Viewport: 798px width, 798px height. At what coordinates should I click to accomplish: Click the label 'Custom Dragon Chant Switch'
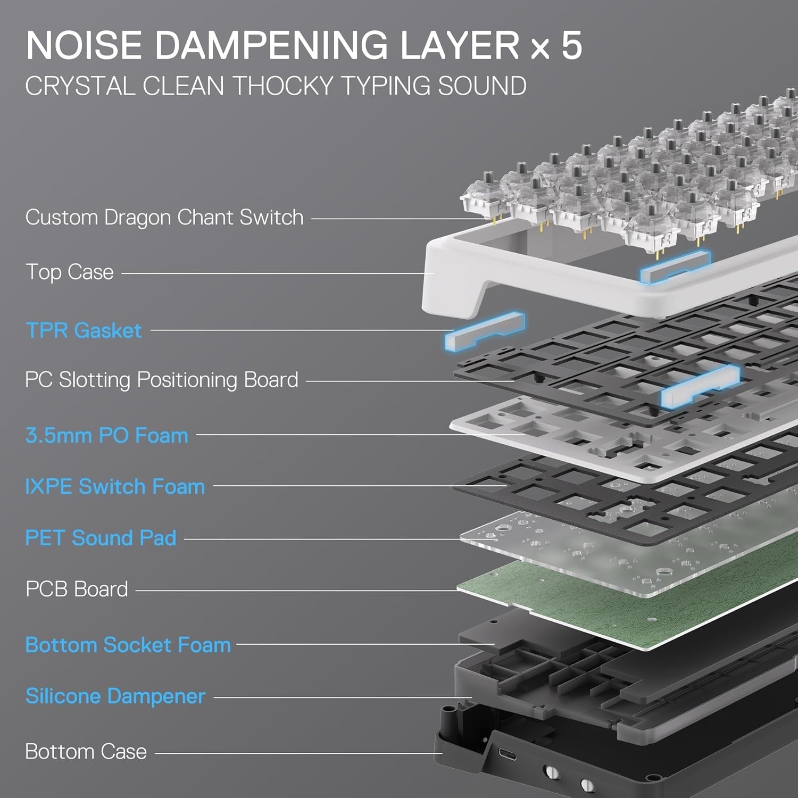point(164,218)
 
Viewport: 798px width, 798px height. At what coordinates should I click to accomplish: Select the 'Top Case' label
point(70,272)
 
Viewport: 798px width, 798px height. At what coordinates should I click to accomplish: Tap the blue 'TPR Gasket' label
point(84,330)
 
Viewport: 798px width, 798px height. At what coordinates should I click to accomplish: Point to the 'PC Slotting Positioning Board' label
point(162,380)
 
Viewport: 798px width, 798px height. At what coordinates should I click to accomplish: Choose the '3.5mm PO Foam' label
point(107,435)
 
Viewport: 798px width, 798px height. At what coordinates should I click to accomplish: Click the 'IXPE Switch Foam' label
point(115,486)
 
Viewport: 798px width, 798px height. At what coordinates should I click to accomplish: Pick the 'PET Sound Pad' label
point(101,538)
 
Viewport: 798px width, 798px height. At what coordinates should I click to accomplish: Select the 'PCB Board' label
point(77,589)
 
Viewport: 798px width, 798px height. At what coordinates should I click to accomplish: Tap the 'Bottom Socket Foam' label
point(128,645)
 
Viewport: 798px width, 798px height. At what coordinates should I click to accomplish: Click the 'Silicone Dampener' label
point(115,696)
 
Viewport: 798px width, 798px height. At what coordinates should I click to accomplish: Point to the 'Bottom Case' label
point(86,752)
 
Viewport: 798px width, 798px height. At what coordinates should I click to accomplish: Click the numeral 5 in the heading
point(571,45)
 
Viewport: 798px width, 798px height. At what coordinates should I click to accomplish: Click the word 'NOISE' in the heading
point(84,45)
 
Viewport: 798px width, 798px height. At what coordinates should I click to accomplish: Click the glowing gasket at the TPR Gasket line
point(484,331)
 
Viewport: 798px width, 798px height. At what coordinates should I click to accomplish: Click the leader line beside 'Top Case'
point(277,273)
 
